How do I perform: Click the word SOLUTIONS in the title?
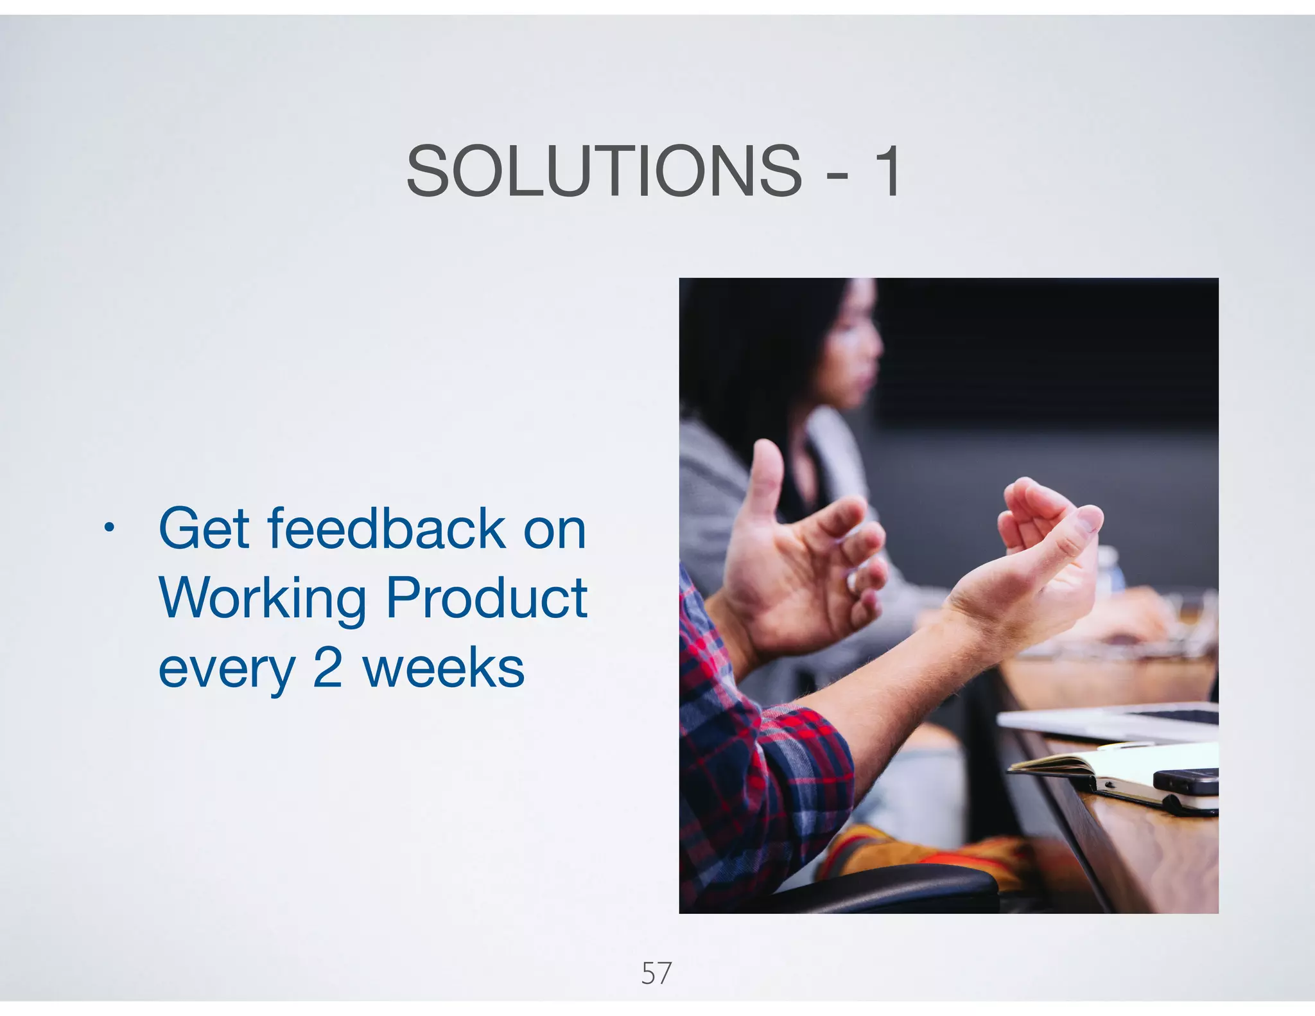point(604,171)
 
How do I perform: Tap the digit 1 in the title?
point(889,171)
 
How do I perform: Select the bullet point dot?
point(110,529)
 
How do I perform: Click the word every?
point(226,669)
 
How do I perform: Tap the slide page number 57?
point(656,973)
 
